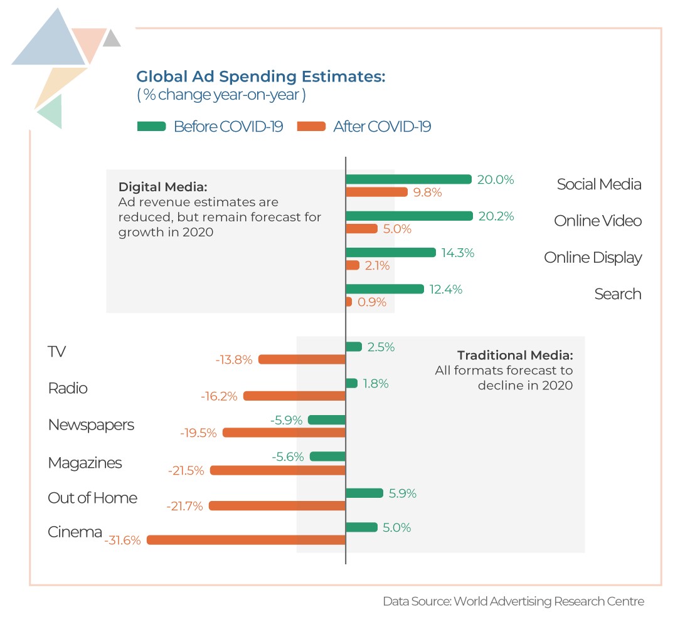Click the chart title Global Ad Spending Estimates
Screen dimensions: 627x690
[x=260, y=77]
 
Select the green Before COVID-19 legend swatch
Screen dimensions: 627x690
[x=151, y=127]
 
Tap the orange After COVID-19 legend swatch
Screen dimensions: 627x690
[x=312, y=127]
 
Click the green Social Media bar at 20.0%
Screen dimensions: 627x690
[x=408, y=179]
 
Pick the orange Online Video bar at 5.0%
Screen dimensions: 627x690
[x=362, y=229]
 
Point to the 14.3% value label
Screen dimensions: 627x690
[x=457, y=253]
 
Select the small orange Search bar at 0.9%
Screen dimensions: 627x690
[x=349, y=302]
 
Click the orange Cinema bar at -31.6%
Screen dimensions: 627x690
[x=246, y=540]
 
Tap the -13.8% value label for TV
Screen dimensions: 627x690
[x=234, y=360]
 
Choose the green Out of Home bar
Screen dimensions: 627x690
[x=364, y=493]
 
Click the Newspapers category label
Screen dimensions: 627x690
[x=91, y=425]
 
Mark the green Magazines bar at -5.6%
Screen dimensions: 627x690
[x=327, y=456]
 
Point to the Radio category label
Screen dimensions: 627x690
[x=68, y=389]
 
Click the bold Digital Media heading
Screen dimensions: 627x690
[x=162, y=187]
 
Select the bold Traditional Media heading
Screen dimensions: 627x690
[x=514, y=355]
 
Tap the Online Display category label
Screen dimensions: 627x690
[x=593, y=258]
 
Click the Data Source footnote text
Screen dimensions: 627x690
[x=513, y=601]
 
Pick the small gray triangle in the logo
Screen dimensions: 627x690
[x=112, y=39]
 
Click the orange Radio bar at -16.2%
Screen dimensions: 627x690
[x=294, y=396]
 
